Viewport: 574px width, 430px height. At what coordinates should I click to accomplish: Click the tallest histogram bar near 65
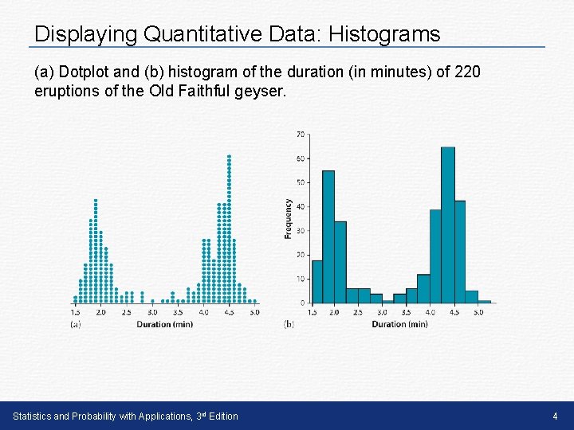pyautogui.click(x=448, y=225)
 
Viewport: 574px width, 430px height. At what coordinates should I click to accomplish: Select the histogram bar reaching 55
pyautogui.click(x=328, y=236)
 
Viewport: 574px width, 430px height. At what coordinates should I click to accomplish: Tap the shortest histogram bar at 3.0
pyautogui.click(x=388, y=301)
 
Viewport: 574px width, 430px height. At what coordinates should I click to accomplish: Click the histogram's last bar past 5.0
pyautogui.click(x=484, y=301)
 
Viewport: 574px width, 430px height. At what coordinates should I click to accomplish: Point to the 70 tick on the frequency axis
pyautogui.click(x=300, y=133)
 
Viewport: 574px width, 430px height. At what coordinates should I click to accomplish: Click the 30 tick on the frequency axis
pyautogui.click(x=300, y=231)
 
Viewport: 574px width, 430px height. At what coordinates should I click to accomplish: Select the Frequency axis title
pyautogui.click(x=288, y=218)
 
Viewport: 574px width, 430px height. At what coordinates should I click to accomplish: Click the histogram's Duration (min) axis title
pyautogui.click(x=399, y=324)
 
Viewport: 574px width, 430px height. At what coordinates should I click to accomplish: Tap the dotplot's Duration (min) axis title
pyautogui.click(x=164, y=324)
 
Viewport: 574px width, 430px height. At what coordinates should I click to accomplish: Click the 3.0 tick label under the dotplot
pyautogui.click(x=152, y=313)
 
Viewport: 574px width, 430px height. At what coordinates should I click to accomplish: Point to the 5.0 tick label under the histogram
pyautogui.click(x=478, y=313)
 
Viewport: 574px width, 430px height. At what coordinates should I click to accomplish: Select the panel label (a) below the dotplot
pyautogui.click(x=75, y=324)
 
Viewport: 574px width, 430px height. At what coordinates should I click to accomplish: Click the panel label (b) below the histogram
pyautogui.click(x=289, y=324)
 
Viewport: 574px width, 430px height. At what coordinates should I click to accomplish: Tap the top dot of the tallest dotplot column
pyautogui.click(x=229, y=156)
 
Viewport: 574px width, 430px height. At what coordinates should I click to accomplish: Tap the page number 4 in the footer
pyautogui.click(x=555, y=416)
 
